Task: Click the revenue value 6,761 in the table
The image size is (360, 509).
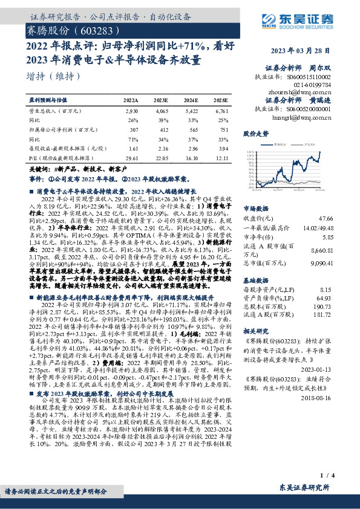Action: [221, 112]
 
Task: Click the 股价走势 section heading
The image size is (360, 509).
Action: [255, 132]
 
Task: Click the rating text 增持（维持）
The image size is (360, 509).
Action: [54, 76]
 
